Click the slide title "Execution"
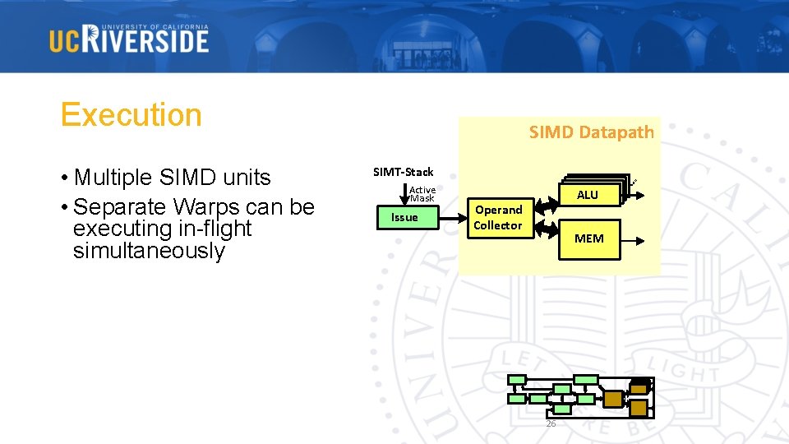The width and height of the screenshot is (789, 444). click(x=131, y=114)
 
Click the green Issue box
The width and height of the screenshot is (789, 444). click(x=404, y=217)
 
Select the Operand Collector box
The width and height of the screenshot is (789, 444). click(x=498, y=217)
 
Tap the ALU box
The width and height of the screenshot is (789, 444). click(x=587, y=195)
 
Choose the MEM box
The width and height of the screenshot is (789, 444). click(x=588, y=238)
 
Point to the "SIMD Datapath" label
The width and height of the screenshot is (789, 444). click(x=591, y=132)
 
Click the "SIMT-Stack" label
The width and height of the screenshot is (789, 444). click(x=403, y=172)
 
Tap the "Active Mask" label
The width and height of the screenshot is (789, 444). click(x=422, y=193)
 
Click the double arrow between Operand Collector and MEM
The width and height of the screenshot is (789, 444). click(x=547, y=229)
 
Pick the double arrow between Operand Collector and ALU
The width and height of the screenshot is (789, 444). click(x=547, y=203)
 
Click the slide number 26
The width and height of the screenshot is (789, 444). click(x=551, y=423)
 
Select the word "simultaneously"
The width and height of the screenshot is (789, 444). click(x=149, y=251)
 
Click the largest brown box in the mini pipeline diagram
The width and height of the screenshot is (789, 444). click(x=612, y=400)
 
